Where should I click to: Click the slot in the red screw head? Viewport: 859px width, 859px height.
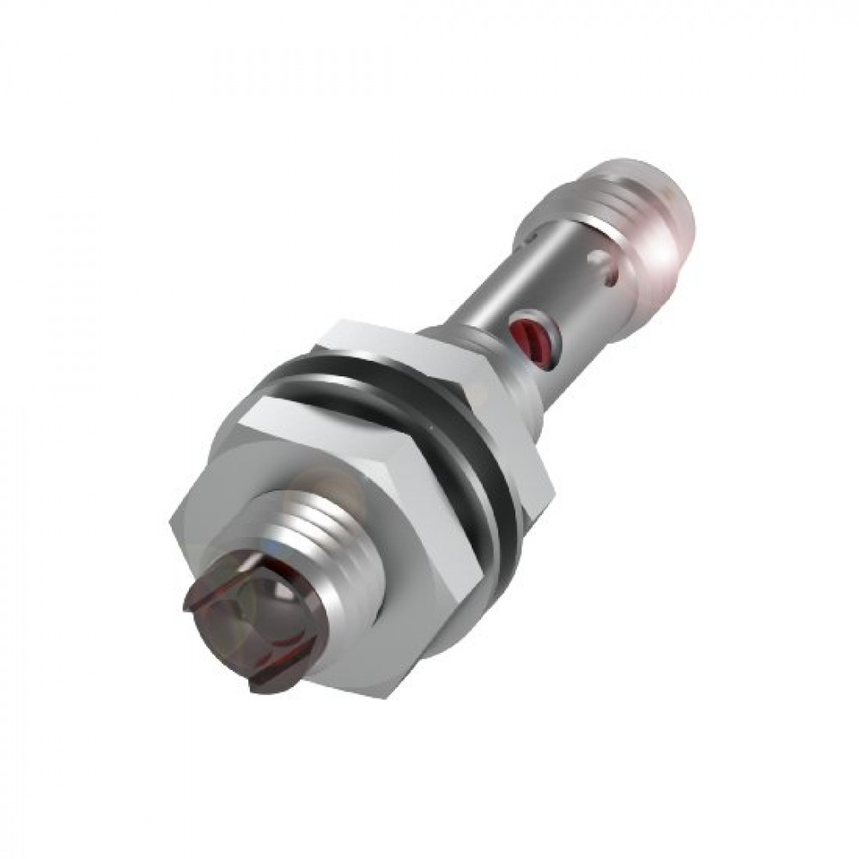point(525,331)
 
